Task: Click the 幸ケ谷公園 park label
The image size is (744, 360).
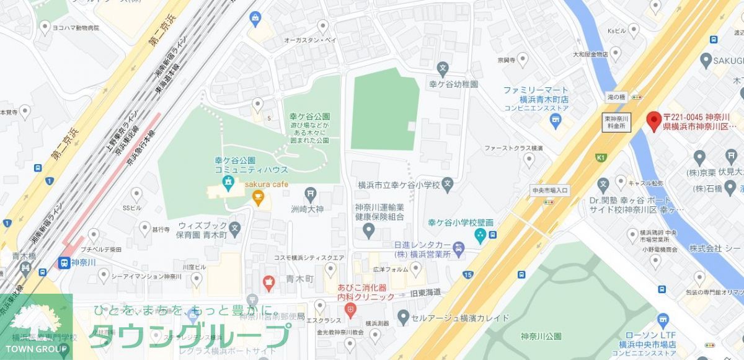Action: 309,116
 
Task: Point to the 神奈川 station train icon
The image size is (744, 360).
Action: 63,263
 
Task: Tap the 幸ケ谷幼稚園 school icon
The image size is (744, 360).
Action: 443,68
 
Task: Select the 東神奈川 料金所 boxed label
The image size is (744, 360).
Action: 616,121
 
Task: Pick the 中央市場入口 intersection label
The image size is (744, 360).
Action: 549,190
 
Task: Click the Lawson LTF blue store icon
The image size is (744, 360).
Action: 663,320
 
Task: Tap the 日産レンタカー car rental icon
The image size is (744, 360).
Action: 458,250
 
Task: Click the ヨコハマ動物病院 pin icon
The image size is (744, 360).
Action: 44,27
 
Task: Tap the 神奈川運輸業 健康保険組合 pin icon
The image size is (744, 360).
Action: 369,232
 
